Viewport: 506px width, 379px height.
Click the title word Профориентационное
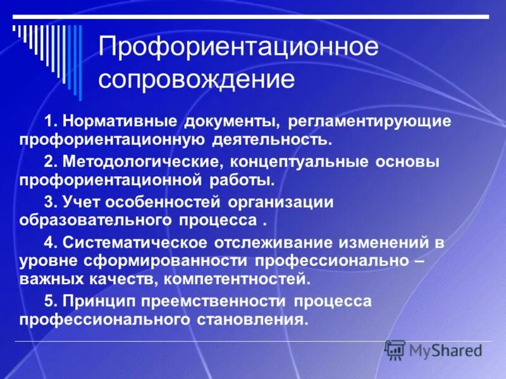pyautogui.click(x=238, y=48)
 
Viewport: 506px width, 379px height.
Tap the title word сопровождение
pyautogui.click(x=196, y=80)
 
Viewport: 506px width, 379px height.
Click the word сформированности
pyautogui.click(x=164, y=260)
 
